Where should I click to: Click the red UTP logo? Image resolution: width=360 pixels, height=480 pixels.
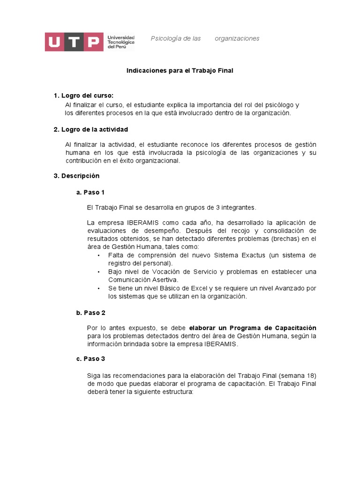(x=74, y=42)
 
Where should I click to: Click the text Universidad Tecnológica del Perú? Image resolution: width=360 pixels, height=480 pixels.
(x=121, y=42)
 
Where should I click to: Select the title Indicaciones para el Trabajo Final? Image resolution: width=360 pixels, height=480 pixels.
(x=180, y=70)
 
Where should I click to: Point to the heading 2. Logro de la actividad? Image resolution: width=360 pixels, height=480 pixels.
(x=90, y=129)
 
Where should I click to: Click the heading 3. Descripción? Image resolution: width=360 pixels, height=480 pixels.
(x=76, y=176)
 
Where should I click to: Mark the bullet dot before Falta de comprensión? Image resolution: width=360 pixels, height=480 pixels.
(x=99, y=255)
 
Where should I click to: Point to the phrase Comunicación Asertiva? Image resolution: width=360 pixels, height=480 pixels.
(x=139, y=280)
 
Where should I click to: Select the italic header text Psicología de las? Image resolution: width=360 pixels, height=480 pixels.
(x=175, y=38)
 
